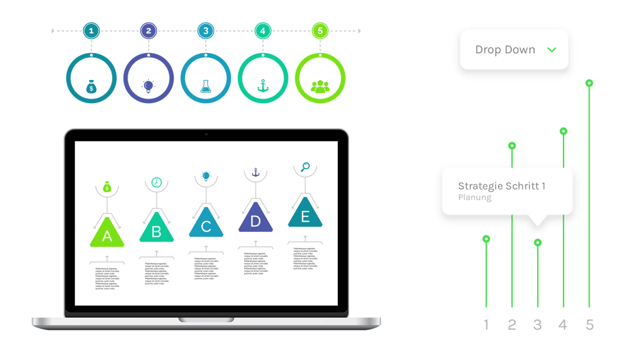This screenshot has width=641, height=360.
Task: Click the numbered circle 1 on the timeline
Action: coord(91,31)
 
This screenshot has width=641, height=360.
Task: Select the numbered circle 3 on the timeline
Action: coord(205,31)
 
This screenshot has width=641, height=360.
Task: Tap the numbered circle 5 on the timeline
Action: coord(320,31)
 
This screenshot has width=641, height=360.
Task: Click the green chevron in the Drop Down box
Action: coord(551,49)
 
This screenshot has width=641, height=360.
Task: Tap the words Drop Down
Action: coord(505,50)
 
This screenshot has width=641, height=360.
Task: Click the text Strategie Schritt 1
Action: coord(502,186)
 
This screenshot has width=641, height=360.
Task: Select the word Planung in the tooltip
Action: coord(475,198)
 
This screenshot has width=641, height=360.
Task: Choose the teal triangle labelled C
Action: coord(206,224)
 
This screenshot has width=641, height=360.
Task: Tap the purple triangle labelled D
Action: coord(256,219)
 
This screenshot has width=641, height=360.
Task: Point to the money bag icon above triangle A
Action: coord(107,188)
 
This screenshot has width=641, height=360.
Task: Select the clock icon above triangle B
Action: coord(156,183)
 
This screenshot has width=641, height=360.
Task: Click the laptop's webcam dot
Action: coord(206,135)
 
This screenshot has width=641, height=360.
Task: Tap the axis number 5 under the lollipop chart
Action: coord(590,325)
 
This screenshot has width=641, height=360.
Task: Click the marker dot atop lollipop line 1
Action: coord(486,240)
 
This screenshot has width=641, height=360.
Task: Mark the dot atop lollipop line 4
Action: coord(563,131)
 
